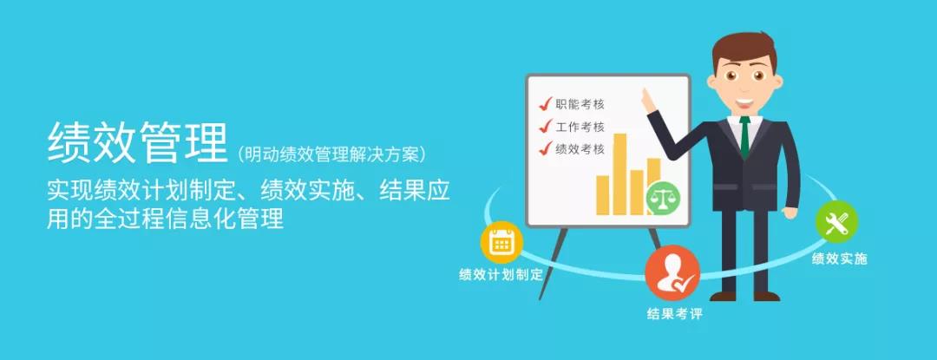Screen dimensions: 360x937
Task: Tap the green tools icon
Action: pos(836,223)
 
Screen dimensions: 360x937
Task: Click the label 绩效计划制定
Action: pos(501,275)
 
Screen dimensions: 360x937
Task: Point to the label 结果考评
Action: pos(674,314)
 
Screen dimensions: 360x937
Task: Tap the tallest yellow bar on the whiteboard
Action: pos(619,173)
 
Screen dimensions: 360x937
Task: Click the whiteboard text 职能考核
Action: pos(580,104)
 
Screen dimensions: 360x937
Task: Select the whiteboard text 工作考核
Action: pos(580,127)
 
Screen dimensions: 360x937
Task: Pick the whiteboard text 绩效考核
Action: pos(580,148)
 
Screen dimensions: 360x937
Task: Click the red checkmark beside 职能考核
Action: pos(546,104)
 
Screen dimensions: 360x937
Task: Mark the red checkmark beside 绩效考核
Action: pos(546,148)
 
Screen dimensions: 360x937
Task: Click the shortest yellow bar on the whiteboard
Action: pos(602,194)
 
